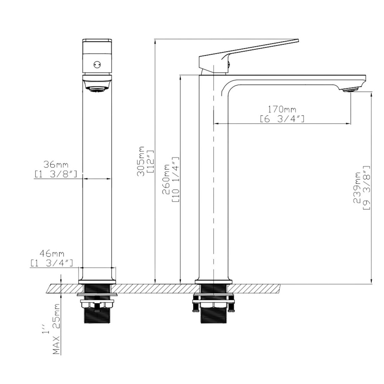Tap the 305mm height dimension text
click(141, 161)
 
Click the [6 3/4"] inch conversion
click(282, 119)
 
